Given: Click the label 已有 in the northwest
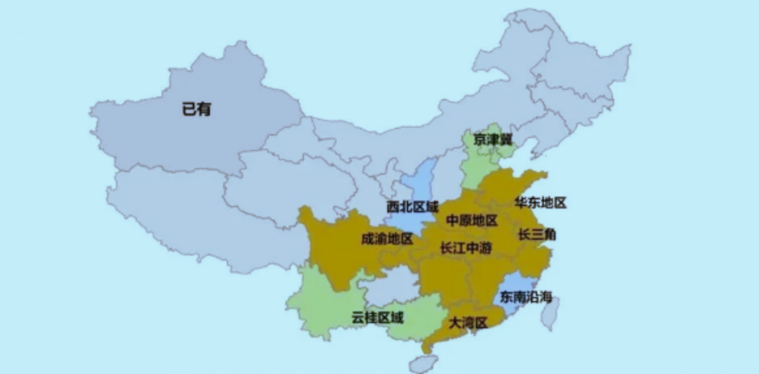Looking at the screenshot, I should click(196, 109).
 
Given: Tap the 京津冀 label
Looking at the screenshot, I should click(493, 139).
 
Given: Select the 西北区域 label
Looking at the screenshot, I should click(412, 207).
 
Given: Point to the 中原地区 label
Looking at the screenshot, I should click(471, 221).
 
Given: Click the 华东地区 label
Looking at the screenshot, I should click(541, 203).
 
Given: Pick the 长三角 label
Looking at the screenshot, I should click(537, 235).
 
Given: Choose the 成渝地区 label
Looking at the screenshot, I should click(387, 239).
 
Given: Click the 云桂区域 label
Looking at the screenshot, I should click(377, 318).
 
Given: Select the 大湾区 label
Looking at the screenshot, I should click(468, 323).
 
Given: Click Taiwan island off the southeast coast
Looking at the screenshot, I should click(551, 312).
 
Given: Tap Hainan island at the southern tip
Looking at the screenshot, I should click(423, 363).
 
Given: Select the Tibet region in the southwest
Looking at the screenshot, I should click(176, 209).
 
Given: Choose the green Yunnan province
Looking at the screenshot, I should click(320, 300).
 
